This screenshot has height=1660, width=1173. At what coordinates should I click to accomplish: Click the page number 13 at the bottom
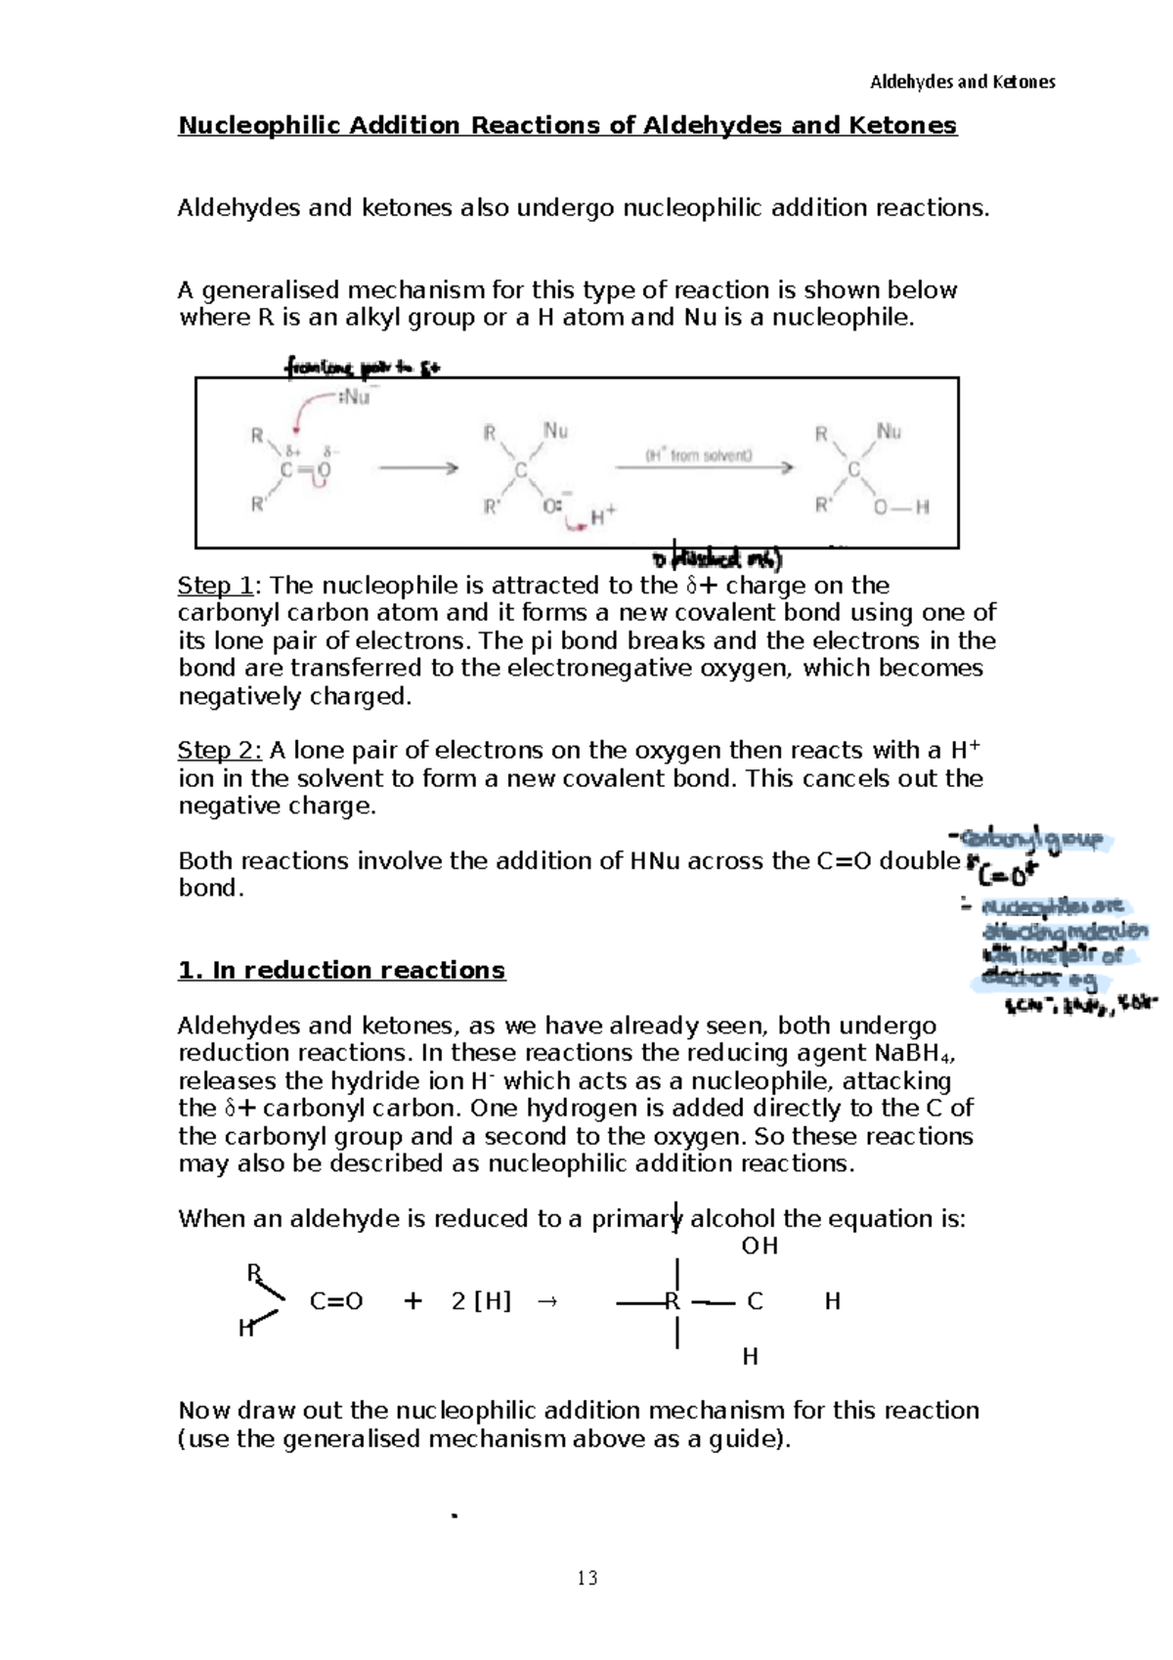(586, 1578)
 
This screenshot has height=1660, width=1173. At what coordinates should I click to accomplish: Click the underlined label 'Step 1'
(215, 586)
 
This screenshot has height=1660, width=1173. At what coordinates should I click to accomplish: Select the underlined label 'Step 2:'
(219, 751)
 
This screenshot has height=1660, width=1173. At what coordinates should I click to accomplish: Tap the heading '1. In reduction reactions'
(341, 971)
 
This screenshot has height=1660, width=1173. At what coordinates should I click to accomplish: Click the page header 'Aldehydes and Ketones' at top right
(962, 82)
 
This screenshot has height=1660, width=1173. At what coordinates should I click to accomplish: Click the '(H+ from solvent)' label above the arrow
(698, 456)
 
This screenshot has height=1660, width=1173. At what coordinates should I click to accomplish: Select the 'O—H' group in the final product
(901, 507)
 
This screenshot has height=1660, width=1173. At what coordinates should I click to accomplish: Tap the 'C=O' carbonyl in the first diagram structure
(306, 470)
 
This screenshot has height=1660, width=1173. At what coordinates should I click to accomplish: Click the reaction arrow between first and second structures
(418, 468)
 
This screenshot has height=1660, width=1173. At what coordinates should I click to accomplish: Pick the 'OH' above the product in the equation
(760, 1246)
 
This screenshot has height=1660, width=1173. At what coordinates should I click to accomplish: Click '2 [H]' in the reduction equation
(481, 1302)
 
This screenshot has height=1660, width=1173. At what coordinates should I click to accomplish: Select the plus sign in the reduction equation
(413, 1302)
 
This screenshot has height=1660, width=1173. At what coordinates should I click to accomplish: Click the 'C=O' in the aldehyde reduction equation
(336, 1302)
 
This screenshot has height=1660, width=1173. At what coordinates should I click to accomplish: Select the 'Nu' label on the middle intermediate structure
(555, 430)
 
